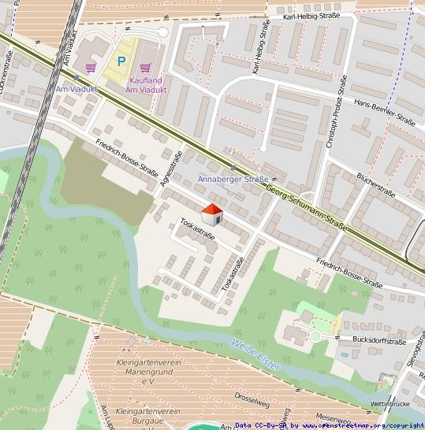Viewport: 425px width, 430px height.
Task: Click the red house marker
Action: pyautogui.click(x=212, y=213)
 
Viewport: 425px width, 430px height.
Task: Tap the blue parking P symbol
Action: pyautogui.click(x=121, y=61)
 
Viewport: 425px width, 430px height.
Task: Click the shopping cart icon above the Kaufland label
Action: pyautogui.click(x=145, y=68)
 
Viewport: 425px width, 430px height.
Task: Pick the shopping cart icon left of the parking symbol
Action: pyautogui.click(x=91, y=68)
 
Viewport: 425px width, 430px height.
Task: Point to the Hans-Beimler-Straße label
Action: pyautogui.click(x=384, y=112)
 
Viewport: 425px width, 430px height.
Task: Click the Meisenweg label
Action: pyautogui.click(x=333, y=417)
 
